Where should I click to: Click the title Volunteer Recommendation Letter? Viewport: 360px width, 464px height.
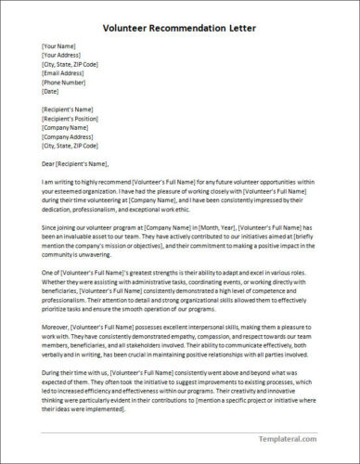179,28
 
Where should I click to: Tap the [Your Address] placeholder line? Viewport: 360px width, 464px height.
61,56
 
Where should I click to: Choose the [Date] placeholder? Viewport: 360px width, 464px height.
51,92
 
